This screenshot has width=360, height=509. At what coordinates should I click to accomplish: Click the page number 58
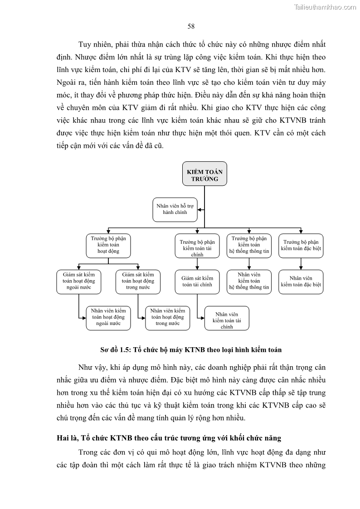[x=191, y=26]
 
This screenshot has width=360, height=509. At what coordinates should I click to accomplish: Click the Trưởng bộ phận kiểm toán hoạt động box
[x=108, y=245]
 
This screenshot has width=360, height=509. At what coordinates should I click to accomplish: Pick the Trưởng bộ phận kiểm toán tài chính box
[x=197, y=246]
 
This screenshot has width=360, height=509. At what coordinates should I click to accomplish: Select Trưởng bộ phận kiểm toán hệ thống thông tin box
[x=249, y=245]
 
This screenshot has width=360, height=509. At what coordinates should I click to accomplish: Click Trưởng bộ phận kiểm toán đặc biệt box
[x=301, y=245]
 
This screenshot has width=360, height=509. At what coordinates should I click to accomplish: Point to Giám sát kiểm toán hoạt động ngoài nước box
[x=79, y=281]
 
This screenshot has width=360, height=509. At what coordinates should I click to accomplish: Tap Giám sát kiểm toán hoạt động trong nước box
[x=138, y=281]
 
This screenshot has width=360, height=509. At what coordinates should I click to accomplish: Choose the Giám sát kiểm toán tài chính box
[x=197, y=281]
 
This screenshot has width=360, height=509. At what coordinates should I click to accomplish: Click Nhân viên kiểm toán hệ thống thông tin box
[x=249, y=281]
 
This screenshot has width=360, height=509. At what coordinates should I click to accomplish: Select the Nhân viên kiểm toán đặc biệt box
[x=301, y=281]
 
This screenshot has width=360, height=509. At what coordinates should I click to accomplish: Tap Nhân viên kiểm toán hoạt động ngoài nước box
[x=108, y=317]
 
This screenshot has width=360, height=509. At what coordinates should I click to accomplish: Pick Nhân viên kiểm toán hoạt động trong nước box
[x=167, y=317]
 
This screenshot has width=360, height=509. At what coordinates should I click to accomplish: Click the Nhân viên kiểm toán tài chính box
[x=227, y=320]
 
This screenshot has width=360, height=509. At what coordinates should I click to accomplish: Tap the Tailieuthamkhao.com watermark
[x=325, y=7]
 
